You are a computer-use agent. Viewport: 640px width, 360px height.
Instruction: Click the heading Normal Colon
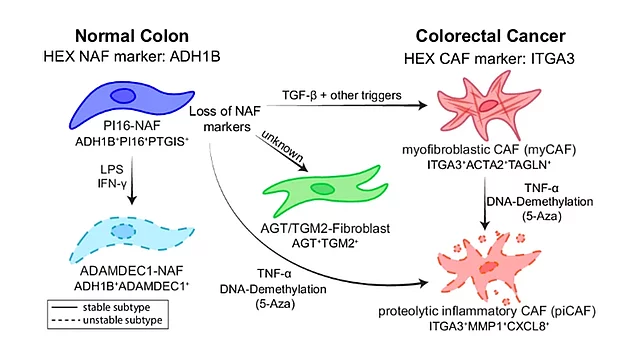[x=132, y=36]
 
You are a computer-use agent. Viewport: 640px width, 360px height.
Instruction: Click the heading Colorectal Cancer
[x=490, y=36]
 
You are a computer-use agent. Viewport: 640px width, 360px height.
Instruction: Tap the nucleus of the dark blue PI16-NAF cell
[x=123, y=96]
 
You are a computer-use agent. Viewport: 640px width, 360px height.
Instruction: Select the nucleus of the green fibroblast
[x=323, y=189]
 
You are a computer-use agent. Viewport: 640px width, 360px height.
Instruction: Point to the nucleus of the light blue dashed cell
[x=123, y=231]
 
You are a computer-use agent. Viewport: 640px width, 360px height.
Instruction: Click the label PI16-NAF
[x=132, y=125]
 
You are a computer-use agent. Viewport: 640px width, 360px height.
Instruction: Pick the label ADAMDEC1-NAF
[x=131, y=271]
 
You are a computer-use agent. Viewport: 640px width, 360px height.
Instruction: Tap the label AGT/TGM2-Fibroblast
[x=325, y=228]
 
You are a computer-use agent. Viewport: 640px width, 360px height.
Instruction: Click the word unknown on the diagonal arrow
[x=282, y=146]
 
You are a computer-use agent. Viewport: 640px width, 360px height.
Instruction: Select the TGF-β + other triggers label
[x=342, y=96]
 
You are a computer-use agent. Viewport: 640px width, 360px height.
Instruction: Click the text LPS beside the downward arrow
[x=112, y=169]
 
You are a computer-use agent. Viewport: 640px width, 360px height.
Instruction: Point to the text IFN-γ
[x=112, y=184]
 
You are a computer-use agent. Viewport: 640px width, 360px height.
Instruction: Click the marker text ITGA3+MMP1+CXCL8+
[x=489, y=326]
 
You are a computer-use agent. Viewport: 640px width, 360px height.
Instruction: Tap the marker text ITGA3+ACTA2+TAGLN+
[x=489, y=164]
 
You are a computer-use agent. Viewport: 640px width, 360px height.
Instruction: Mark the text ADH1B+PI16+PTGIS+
[x=132, y=141]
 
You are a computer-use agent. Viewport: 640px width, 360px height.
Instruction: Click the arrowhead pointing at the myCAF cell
[x=421, y=105]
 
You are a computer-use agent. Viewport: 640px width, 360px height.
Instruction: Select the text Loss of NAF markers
[x=225, y=119]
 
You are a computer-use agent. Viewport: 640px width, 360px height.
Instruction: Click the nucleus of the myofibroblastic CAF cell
[x=488, y=106]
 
